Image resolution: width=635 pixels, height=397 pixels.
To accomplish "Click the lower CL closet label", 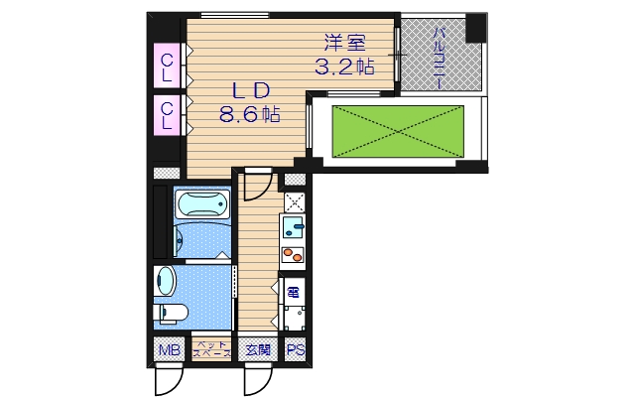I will pyautogui.click(x=167, y=115).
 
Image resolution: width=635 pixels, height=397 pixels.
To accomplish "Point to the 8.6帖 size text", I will pyautogui.click(x=249, y=114).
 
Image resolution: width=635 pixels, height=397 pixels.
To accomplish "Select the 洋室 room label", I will pyautogui.click(x=343, y=45).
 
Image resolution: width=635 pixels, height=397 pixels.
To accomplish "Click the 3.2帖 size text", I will pyautogui.click(x=343, y=67).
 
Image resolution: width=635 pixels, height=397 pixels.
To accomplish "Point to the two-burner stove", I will pyautogui.click(x=294, y=254).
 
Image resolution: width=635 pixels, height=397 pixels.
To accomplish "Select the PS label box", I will pyautogui.click(x=295, y=349).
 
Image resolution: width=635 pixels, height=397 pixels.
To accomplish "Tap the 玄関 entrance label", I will pyautogui.click(x=257, y=349).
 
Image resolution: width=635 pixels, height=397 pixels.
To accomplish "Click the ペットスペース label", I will pyautogui.click(x=211, y=349).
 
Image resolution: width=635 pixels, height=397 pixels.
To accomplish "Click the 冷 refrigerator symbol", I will pyautogui.click(x=294, y=292).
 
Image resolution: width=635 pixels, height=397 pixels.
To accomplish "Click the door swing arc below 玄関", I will pyautogui.click(x=256, y=377).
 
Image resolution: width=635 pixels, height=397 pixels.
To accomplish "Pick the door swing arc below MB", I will pyautogui.click(x=168, y=377).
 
